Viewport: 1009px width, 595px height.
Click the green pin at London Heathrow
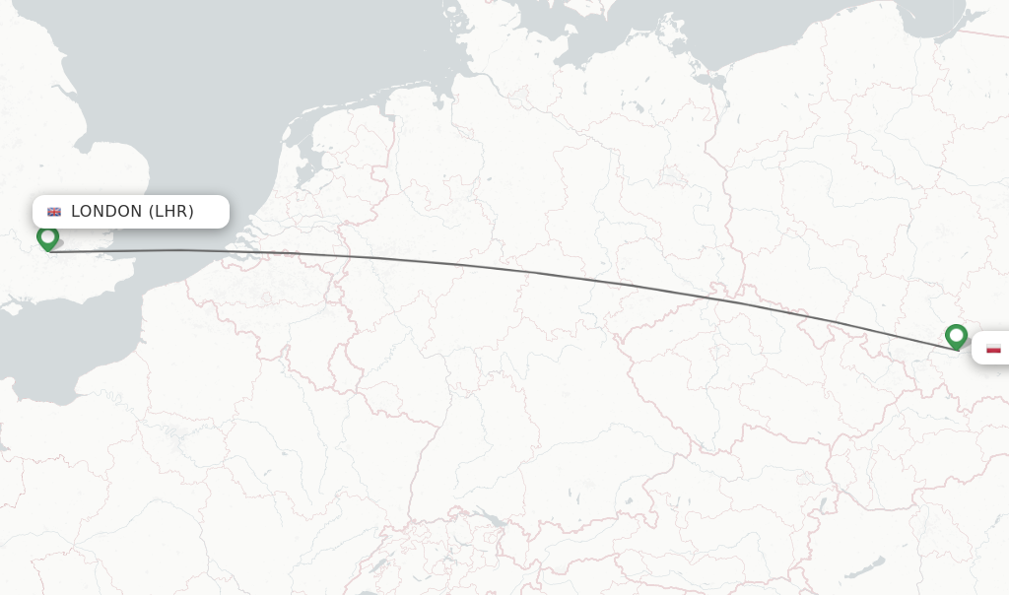point(47,237)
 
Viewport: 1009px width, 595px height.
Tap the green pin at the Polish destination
point(955,336)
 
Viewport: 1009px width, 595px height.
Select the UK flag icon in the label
point(54,212)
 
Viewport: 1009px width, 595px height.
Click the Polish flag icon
point(993,348)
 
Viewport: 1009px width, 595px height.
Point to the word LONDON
point(106,212)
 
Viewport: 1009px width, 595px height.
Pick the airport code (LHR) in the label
point(171,212)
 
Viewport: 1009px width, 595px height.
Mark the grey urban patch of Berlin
point(674,176)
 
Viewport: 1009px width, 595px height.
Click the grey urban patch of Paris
point(177,433)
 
